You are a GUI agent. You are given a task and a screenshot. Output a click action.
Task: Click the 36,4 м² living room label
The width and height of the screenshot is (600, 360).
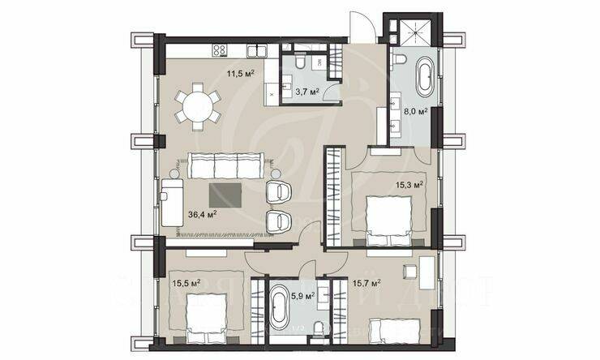(x=202, y=214)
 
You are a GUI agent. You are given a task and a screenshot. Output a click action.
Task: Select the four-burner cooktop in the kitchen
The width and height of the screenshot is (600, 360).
(x=219, y=50)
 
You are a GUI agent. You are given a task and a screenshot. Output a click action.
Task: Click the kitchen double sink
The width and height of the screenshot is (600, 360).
(x=258, y=50)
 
